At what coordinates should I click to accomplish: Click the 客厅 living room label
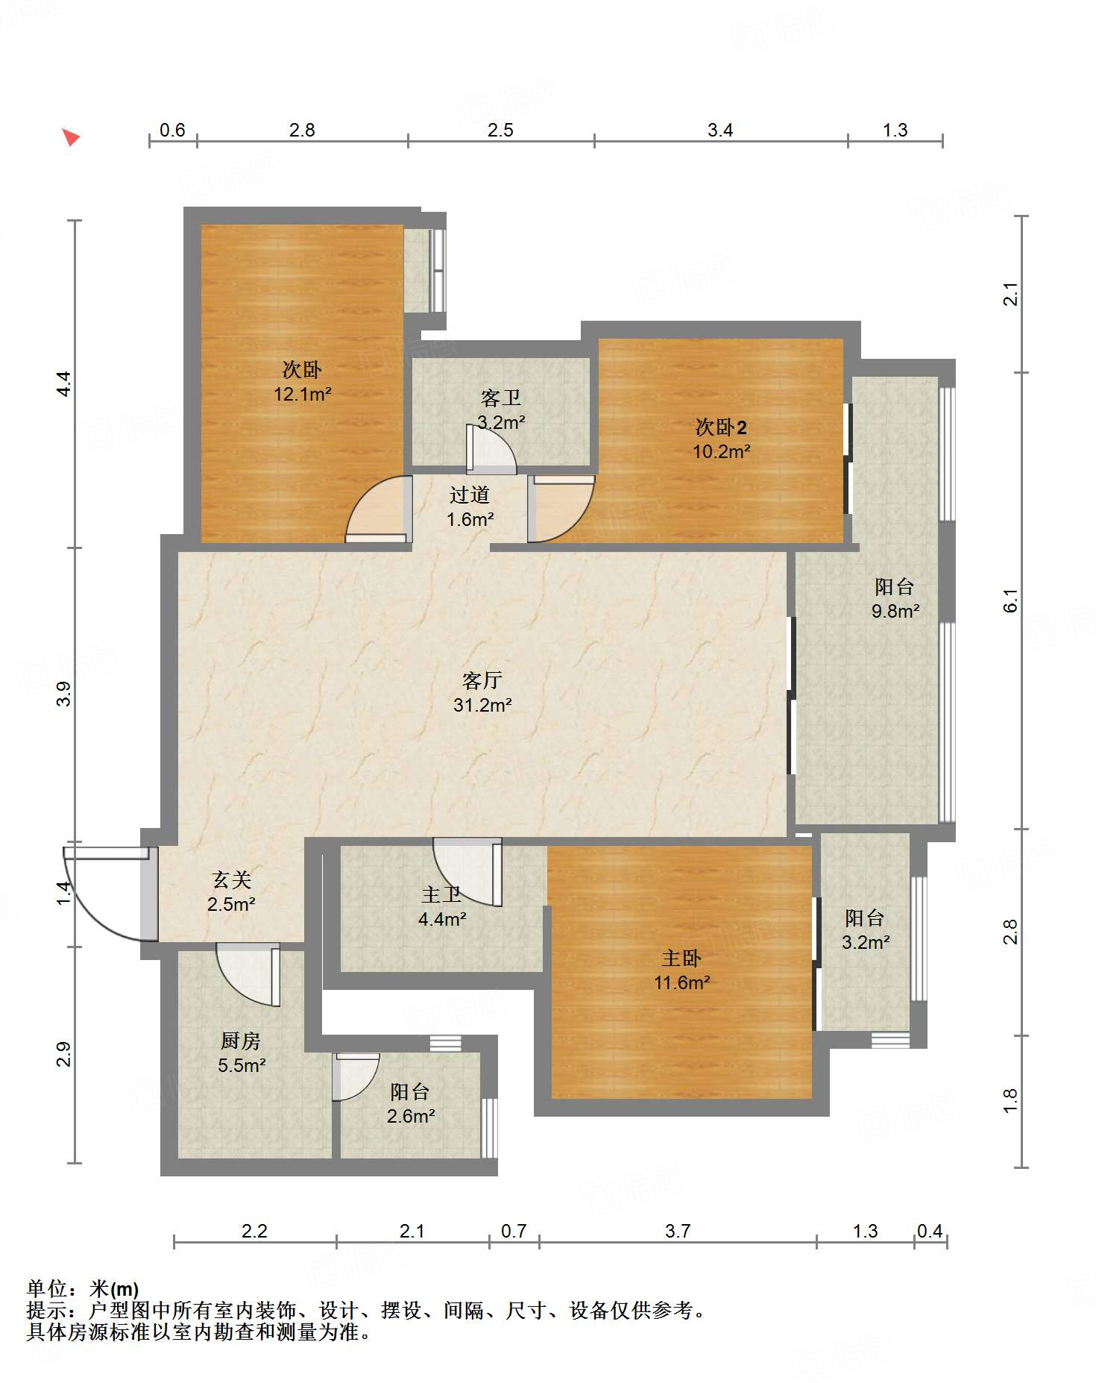[x=482, y=680]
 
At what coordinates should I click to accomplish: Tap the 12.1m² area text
[x=302, y=394]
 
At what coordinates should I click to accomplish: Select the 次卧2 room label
[x=721, y=427]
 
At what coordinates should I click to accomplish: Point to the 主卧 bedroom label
[x=681, y=958]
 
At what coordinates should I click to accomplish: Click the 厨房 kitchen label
[x=241, y=1041]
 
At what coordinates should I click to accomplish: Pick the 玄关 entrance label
[x=232, y=879]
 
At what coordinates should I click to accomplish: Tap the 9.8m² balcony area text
[x=895, y=611]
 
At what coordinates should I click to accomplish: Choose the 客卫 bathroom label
[x=501, y=398]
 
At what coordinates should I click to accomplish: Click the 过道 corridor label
[x=470, y=495]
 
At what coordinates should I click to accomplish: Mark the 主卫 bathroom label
[x=441, y=894]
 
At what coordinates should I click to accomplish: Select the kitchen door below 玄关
[x=249, y=975]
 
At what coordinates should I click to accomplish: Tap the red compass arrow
[x=70, y=137]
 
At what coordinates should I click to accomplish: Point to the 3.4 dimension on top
[x=720, y=130]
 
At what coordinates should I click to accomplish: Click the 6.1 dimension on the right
[x=1010, y=600]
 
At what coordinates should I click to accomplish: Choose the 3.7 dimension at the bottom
[x=678, y=1230]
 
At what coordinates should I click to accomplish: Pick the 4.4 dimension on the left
[x=64, y=383]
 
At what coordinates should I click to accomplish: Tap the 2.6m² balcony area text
[x=411, y=1116]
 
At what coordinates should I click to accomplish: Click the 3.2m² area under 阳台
[x=866, y=942]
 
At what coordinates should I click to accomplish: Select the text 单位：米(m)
[x=83, y=1288]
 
